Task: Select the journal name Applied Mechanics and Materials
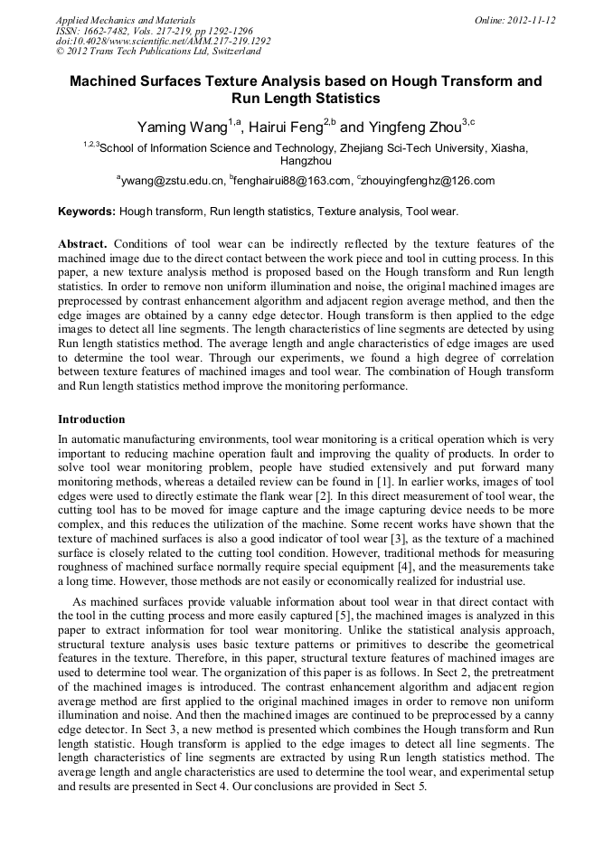click(x=126, y=20)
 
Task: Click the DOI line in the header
click(x=163, y=41)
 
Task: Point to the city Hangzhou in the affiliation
click(x=306, y=160)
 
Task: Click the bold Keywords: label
click(x=87, y=212)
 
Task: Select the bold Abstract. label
click(x=83, y=244)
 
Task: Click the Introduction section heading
click(x=91, y=419)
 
